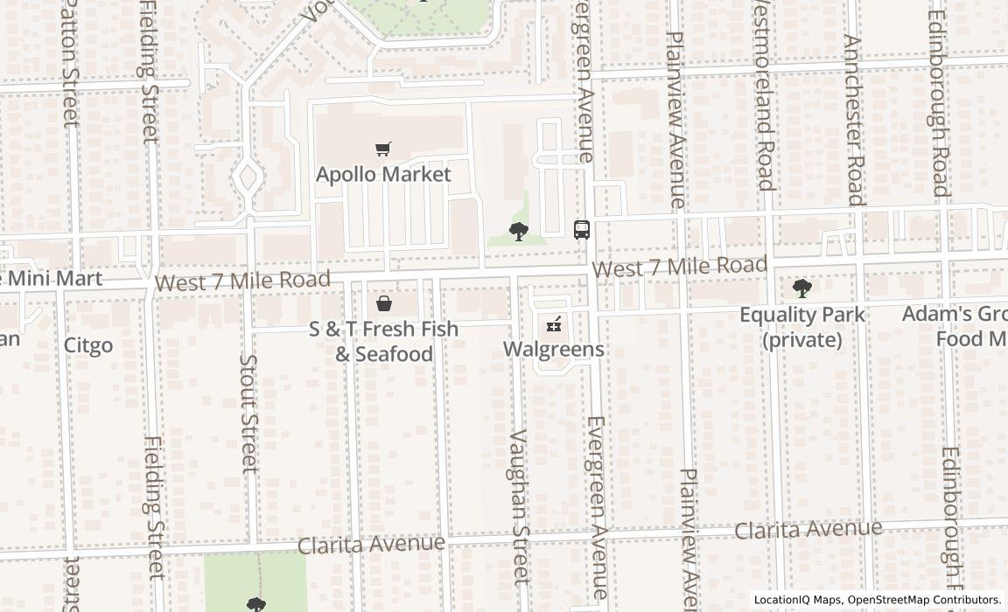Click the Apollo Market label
383,174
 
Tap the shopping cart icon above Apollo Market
382,150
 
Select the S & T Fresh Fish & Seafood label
383,341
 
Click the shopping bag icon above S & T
383,304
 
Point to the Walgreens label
553,349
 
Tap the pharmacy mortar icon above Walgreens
553,325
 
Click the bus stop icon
582,230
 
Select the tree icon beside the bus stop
518,232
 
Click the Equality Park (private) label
801,326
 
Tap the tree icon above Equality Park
801,288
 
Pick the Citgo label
88,345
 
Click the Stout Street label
249,413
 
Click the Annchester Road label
854,120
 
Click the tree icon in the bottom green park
255,604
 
